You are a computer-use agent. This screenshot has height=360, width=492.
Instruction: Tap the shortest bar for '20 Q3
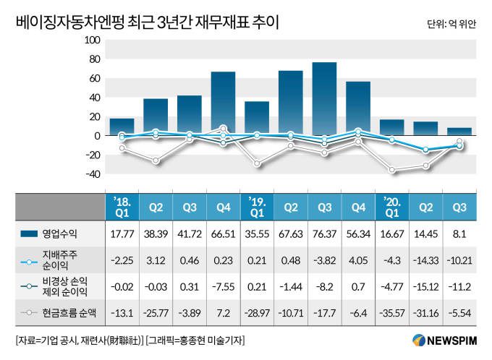pos(459,132)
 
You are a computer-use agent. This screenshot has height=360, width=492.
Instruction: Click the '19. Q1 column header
pos(257,206)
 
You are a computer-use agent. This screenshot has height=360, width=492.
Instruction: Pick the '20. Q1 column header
pos(391,206)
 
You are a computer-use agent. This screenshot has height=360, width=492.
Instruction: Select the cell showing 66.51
pos(223,233)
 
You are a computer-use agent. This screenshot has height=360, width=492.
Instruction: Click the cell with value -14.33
pos(425,260)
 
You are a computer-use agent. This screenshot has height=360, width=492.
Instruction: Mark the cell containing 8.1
pos(459,233)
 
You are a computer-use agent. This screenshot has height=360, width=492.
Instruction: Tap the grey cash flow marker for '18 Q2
pos(156,160)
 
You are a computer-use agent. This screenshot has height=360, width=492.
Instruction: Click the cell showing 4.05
pos(358,260)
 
